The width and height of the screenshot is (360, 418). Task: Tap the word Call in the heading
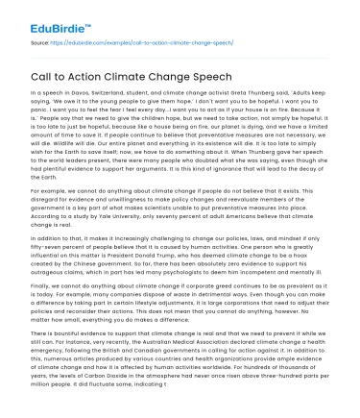click(x=42, y=87)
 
